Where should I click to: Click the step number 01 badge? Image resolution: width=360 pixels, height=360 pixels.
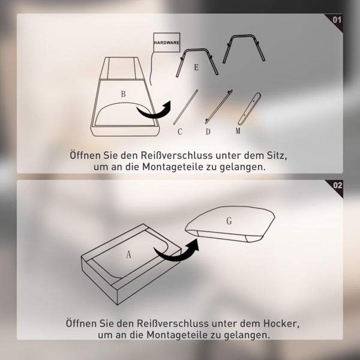tap(337, 19)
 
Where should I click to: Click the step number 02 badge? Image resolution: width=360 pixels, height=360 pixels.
tap(337, 185)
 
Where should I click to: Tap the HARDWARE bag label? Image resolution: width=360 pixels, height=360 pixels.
tap(166, 43)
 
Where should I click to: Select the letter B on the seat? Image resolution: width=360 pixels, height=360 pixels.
tap(123, 94)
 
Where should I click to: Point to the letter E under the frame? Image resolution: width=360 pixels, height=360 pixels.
tap(196, 68)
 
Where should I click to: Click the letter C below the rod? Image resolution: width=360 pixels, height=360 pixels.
tap(179, 131)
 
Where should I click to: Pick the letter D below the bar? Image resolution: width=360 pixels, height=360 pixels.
tap(208, 131)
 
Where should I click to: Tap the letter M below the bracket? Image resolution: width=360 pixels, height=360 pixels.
tap(238, 130)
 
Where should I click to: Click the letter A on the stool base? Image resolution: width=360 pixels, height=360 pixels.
tap(128, 254)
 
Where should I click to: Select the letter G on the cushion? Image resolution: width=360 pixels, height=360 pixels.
tap(229, 221)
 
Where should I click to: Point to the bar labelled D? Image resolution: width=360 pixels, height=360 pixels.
tap(218, 106)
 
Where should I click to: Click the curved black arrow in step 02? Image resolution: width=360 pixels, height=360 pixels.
tap(178, 252)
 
